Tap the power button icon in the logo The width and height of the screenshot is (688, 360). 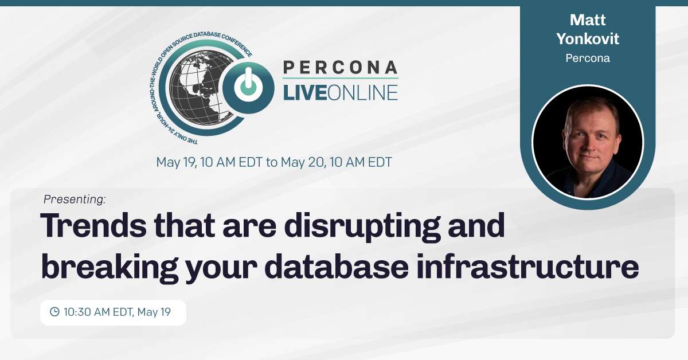pyautogui.click(x=248, y=87)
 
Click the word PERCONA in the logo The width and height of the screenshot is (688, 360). pyautogui.click(x=340, y=68)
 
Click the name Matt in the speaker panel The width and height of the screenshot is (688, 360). pyautogui.click(x=588, y=20)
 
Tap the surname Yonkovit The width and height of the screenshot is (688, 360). pyautogui.click(x=588, y=39)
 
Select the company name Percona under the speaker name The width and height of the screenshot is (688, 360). pyautogui.click(x=588, y=58)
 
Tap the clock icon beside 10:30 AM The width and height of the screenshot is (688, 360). pyautogui.click(x=54, y=312)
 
